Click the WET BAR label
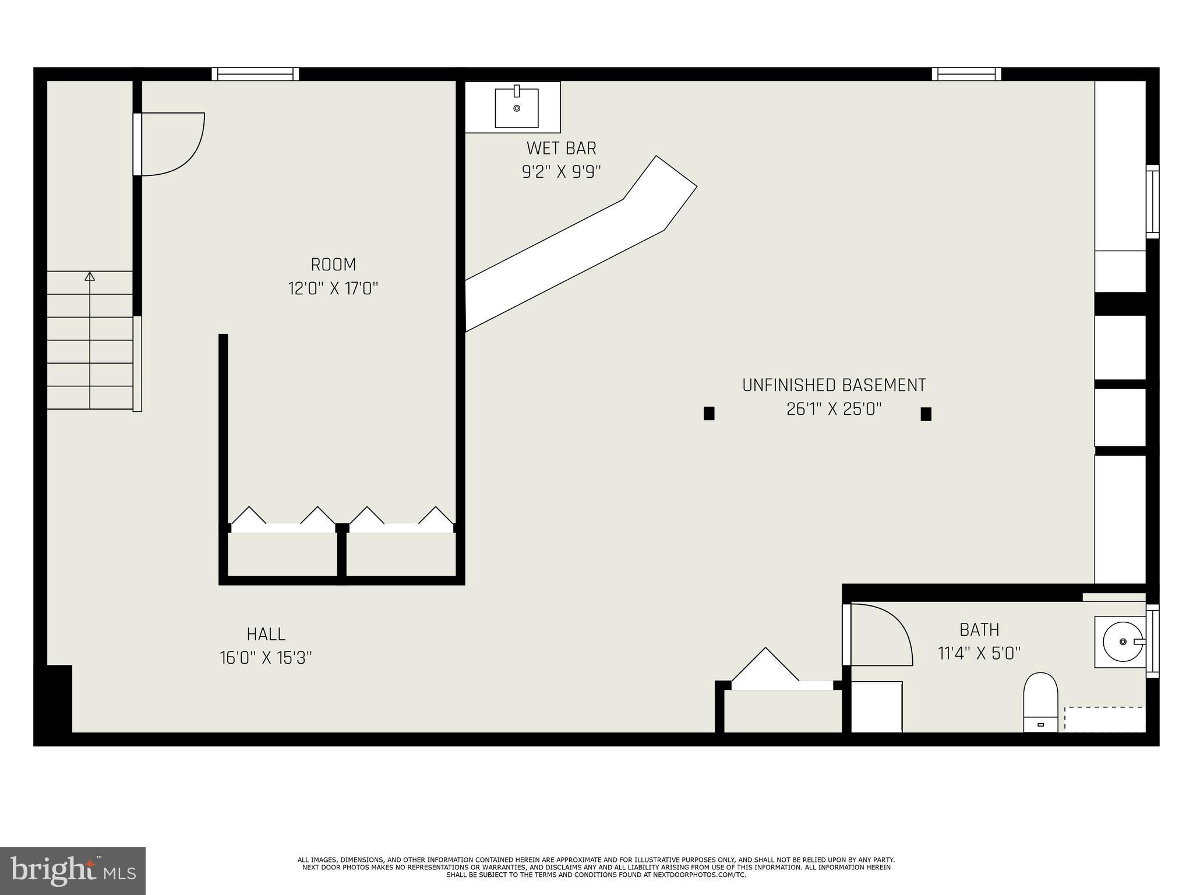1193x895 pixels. (x=561, y=149)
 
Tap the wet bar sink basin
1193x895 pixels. (x=516, y=108)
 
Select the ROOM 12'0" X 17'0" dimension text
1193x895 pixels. (x=333, y=288)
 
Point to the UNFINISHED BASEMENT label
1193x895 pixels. (x=834, y=385)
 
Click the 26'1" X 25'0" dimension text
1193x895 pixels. (x=834, y=409)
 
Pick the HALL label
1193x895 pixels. (x=266, y=634)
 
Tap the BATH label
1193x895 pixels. (x=979, y=630)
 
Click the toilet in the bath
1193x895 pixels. (x=1040, y=702)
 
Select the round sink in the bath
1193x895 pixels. (x=1122, y=642)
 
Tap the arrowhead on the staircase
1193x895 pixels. (x=90, y=276)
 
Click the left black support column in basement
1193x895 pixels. (x=709, y=413)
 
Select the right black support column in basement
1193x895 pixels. (x=926, y=414)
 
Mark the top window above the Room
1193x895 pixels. (x=255, y=74)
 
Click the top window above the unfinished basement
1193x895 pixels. (x=966, y=74)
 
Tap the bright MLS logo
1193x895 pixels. (x=73, y=871)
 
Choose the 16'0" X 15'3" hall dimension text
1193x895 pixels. (x=266, y=658)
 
